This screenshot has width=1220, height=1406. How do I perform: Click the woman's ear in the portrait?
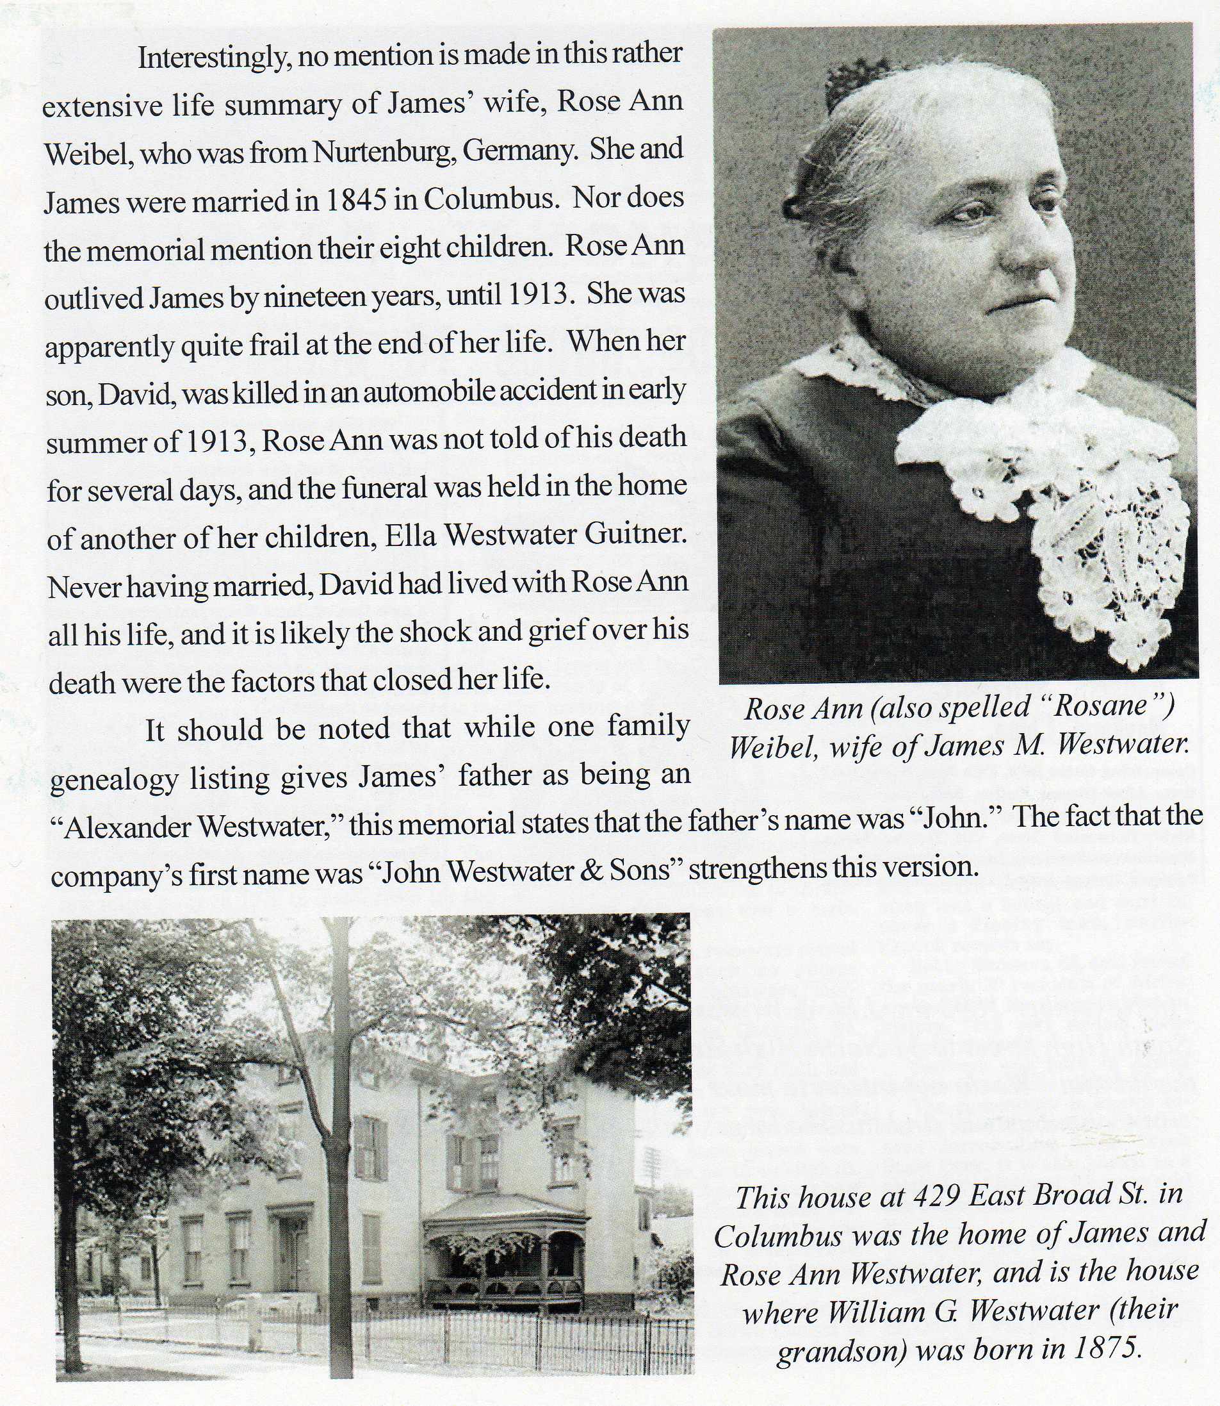click(800, 204)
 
